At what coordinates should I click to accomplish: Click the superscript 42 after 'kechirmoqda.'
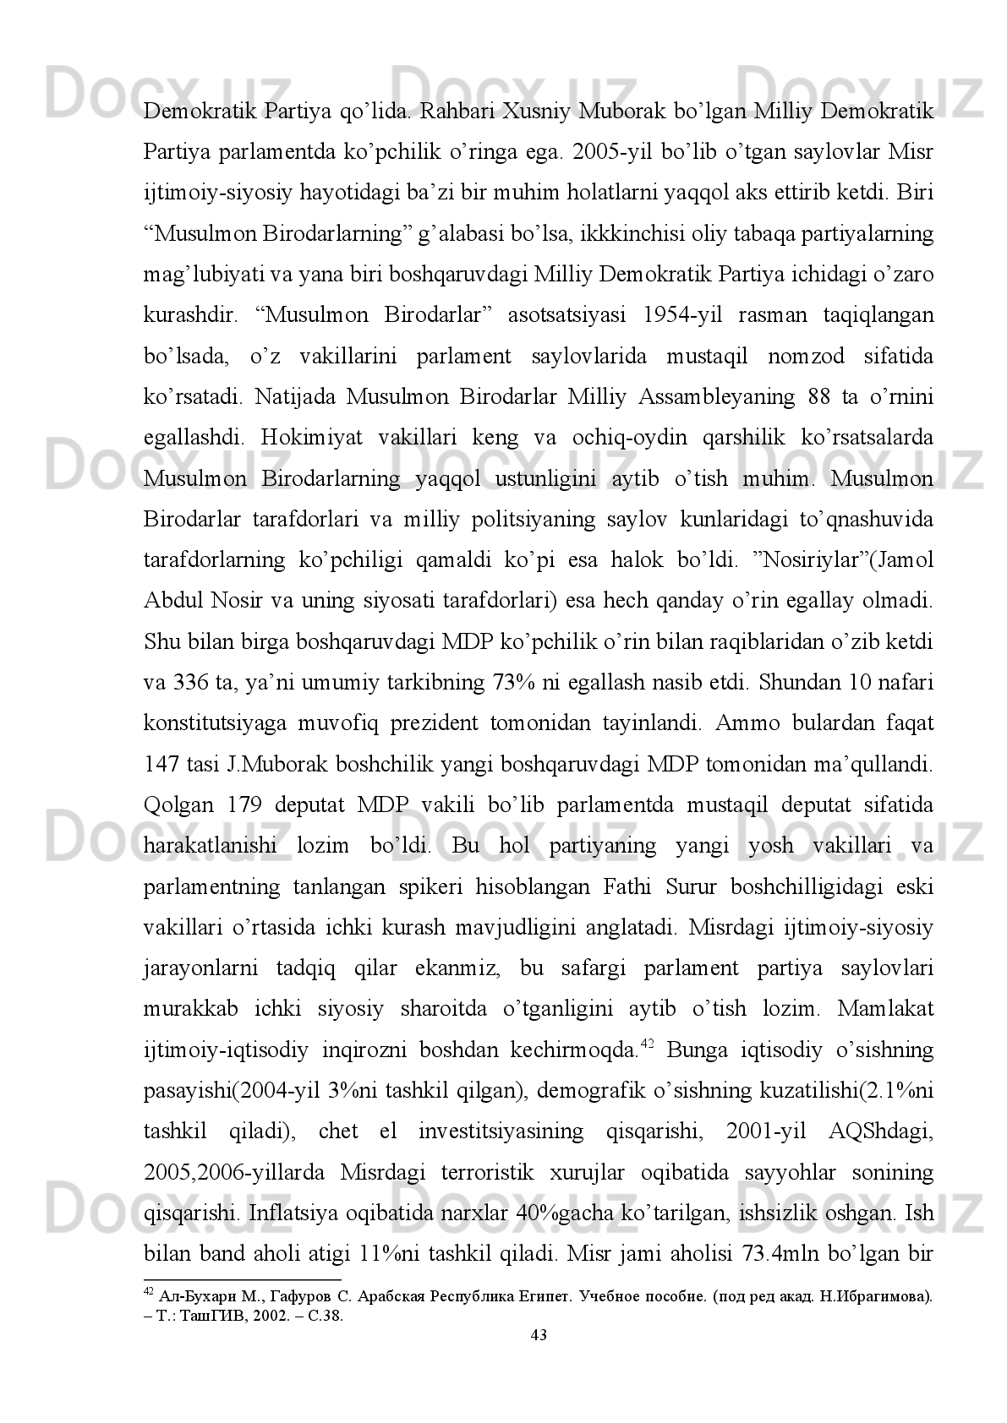tap(647, 1044)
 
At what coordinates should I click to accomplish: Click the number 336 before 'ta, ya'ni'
tap(192, 683)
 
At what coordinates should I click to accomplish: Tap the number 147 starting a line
tap(161, 765)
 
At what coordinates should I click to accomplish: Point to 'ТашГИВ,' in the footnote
tap(200, 1316)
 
